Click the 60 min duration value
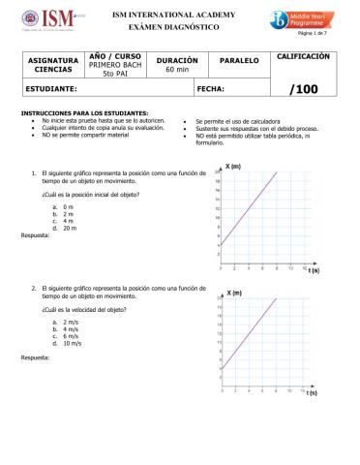pyautogui.click(x=177, y=71)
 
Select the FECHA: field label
pyautogui.click(x=210, y=88)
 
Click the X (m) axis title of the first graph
pyautogui.click(x=233, y=166)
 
